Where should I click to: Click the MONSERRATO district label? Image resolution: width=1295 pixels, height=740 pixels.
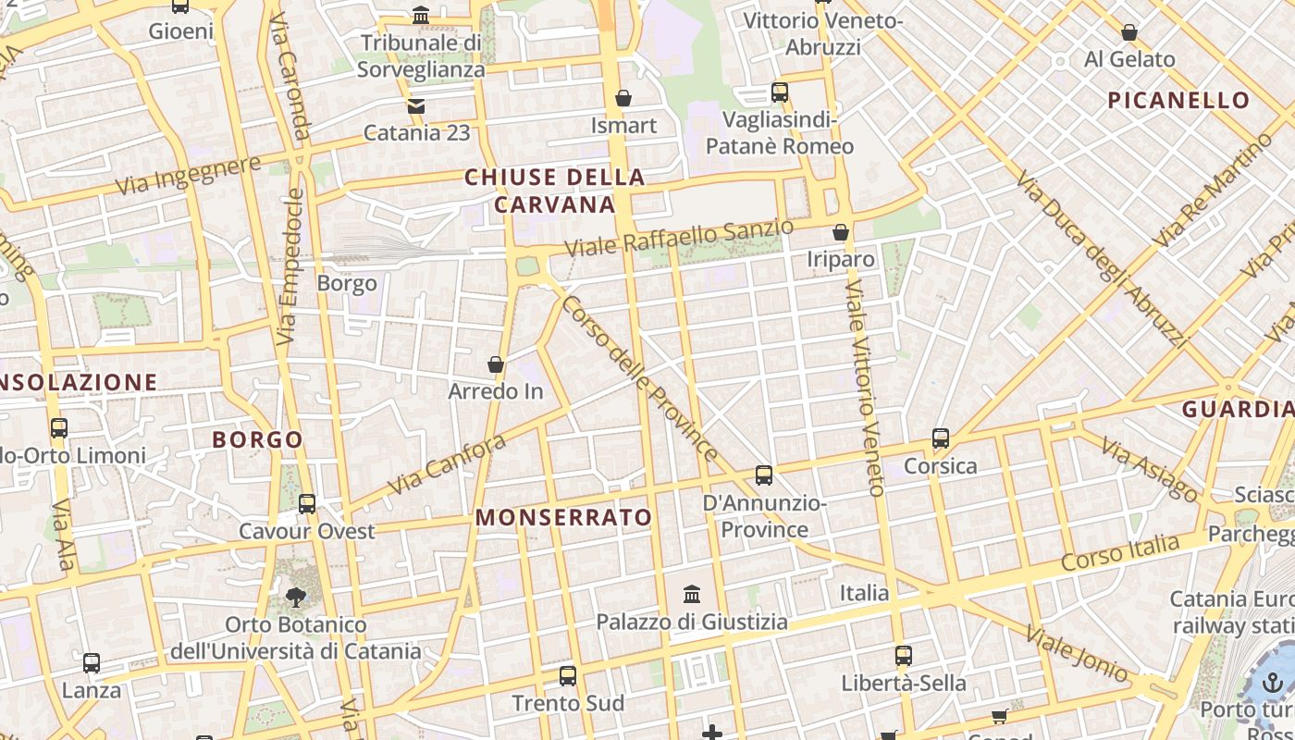564,517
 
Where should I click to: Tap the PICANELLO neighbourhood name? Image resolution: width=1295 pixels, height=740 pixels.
1178,100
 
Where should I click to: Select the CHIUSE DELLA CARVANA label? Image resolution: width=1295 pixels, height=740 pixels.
555,191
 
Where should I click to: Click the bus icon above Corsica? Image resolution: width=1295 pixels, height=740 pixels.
941,438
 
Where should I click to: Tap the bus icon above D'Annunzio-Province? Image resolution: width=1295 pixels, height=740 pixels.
764,475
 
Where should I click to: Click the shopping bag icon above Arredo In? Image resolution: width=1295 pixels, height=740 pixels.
496,364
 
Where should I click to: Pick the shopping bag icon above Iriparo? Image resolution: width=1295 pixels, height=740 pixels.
841,232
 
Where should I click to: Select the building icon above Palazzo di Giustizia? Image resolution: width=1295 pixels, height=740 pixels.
692,594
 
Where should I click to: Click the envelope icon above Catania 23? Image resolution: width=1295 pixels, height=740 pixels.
416,105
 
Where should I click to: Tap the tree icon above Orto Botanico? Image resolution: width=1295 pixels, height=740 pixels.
296,598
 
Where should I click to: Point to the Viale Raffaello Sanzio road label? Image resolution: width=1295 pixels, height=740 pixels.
679,238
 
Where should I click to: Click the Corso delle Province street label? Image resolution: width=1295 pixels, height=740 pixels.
639,378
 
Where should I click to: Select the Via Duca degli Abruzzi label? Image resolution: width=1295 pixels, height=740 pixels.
1101,258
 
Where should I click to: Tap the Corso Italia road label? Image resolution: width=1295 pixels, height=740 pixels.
1120,552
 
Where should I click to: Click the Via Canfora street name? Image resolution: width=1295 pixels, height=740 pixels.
446,464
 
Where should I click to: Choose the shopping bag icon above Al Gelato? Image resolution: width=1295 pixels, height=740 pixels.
1129,33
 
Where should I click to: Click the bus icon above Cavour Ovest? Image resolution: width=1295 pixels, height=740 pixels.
307,504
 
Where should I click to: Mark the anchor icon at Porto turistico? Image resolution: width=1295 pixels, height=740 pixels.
1274,684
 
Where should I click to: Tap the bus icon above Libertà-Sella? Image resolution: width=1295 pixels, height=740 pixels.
904,656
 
